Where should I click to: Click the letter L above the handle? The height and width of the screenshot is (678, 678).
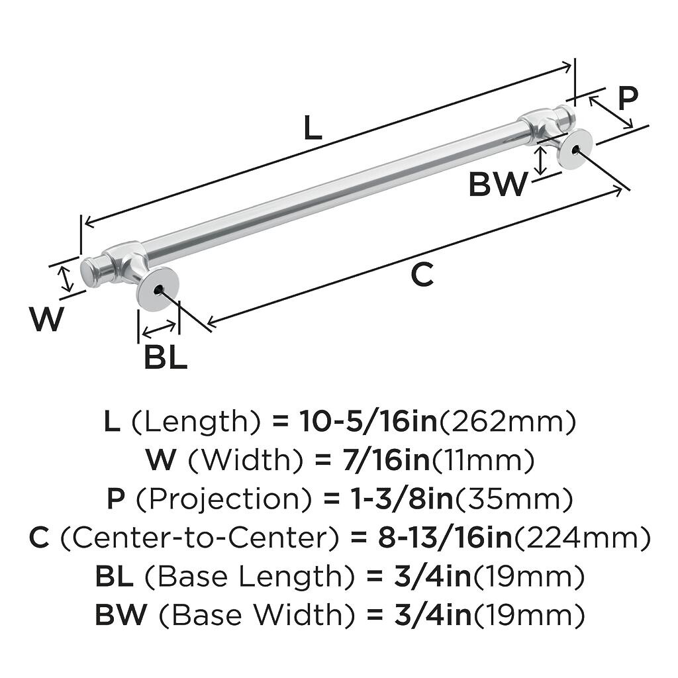pos(313,128)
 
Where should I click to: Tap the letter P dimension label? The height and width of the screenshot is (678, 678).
pos(628,99)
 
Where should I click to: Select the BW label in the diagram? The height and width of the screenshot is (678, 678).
pos(497,185)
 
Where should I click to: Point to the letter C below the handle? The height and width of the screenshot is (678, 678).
pos(422,275)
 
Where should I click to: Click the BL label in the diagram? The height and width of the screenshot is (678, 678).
pos(166,358)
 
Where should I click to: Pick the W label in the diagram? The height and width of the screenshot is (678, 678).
pos(46,320)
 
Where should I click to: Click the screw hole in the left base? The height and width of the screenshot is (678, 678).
pos(158,289)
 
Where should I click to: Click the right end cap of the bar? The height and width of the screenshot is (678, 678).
pos(567,116)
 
